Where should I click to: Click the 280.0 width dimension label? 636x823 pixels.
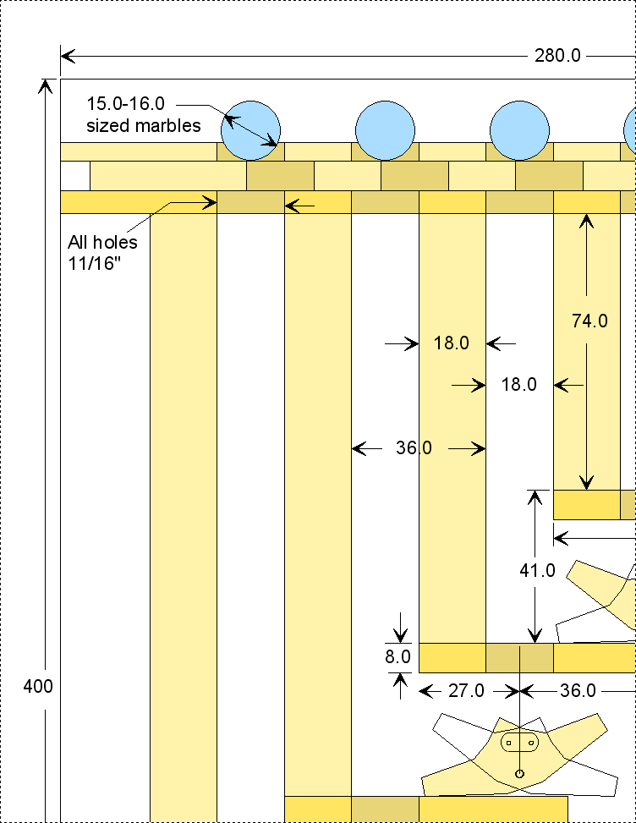(x=557, y=56)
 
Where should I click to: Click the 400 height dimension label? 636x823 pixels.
(x=38, y=686)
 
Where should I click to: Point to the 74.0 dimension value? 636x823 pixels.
(x=589, y=321)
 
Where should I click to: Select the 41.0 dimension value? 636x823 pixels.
(x=537, y=570)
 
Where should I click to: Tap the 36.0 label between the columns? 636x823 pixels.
(x=414, y=448)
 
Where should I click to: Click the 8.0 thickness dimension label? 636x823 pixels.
(x=399, y=656)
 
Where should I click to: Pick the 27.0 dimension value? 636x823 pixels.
(x=466, y=691)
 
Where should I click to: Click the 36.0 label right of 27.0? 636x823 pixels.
(x=578, y=691)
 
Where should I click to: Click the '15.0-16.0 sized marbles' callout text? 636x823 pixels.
(x=144, y=115)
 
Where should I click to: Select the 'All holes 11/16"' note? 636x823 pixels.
(x=102, y=252)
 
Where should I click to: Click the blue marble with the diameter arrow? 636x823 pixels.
(x=251, y=130)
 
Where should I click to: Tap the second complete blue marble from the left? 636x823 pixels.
(x=385, y=130)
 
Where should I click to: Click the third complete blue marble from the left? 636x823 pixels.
(x=520, y=130)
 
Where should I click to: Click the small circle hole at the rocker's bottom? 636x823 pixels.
(x=519, y=773)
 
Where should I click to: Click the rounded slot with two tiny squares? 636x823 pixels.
(x=519, y=743)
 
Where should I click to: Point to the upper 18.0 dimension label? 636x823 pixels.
(x=452, y=343)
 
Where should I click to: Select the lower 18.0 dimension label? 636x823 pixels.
(x=518, y=385)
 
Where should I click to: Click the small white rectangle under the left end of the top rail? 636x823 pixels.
(x=75, y=175)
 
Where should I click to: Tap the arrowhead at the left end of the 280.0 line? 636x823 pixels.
(x=66, y=57)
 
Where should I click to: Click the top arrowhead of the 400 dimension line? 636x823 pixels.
(x=44, y=85)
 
